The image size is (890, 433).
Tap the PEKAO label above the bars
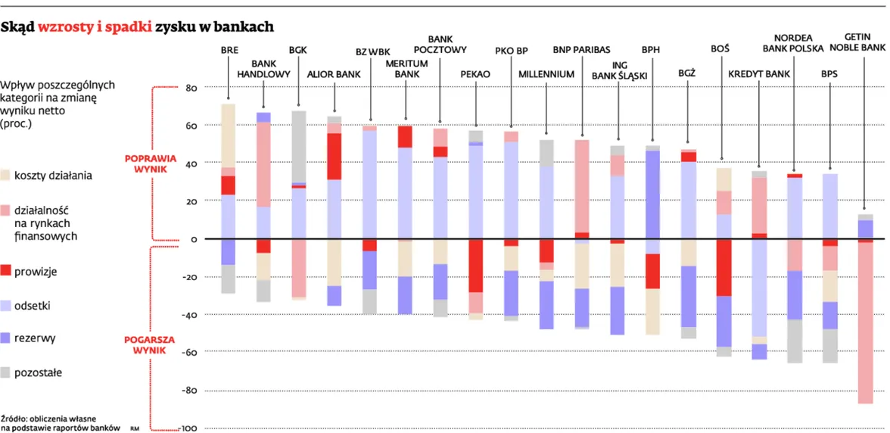coord(475,74)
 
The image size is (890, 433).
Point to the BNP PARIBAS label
coord(581,51)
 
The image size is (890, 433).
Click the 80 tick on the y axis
coord(191,88)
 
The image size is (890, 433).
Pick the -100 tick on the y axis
coord(187,428)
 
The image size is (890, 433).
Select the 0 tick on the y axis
coord(194,239)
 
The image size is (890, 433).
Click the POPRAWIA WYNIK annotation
coord(151,164)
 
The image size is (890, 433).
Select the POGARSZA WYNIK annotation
coord(151,345)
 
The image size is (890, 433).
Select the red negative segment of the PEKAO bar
coord(475,266)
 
